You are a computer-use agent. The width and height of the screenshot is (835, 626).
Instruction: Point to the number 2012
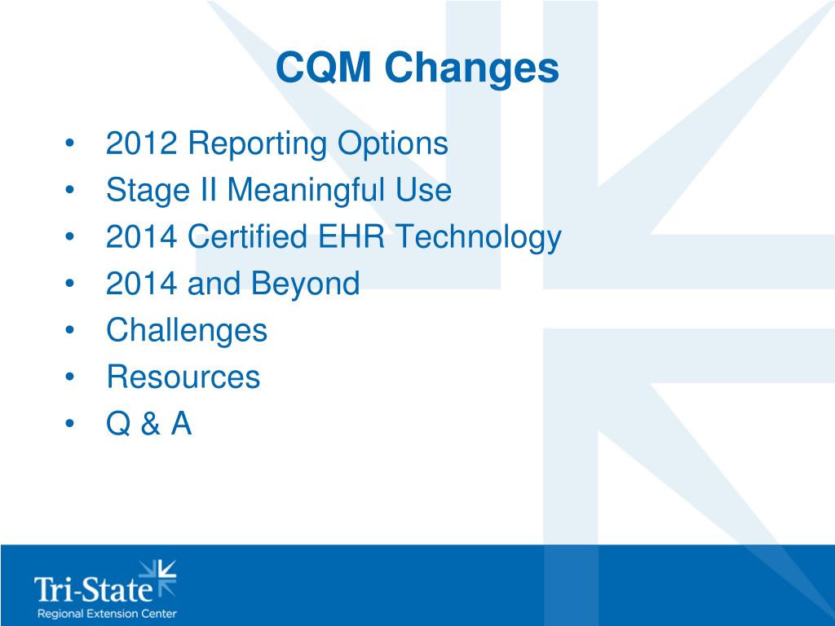click(x=141, y=144)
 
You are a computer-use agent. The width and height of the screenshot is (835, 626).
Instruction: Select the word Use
click(x=423, y=191)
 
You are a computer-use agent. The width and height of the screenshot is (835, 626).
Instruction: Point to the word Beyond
click(x=306, y=285)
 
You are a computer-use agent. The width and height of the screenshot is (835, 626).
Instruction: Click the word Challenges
click(x=187, y=331)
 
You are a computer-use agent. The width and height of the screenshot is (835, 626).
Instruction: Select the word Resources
click(x=183, y=377)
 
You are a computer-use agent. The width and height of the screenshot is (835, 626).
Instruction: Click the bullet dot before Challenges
click(x=71, y=332)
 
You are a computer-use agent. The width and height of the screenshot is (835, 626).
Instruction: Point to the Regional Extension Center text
click(x=106, y=613)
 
